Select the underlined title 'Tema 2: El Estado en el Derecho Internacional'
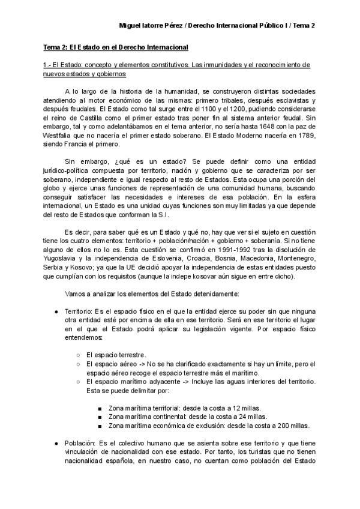(x=110, y=47)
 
